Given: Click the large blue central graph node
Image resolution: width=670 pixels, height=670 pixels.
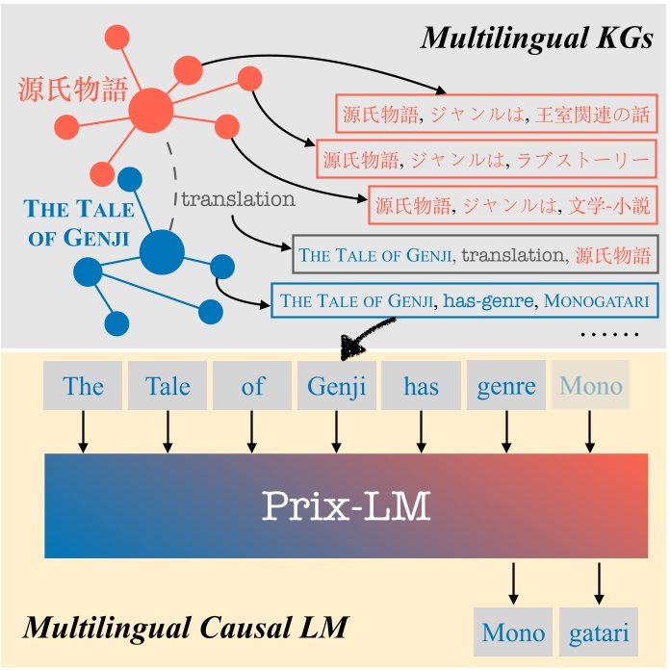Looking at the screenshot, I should [x=161, y=254].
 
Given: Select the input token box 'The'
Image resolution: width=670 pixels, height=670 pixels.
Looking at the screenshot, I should [x=83, y=386].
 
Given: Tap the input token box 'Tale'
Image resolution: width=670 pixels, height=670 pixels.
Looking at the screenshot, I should [x=167, y=386].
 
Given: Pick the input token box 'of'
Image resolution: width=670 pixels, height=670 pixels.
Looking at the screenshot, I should [x=252, y=386].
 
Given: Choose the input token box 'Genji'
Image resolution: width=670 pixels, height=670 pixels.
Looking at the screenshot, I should [x=337, y=386].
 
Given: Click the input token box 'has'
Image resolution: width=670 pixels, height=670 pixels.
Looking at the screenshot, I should [x=421, y=386].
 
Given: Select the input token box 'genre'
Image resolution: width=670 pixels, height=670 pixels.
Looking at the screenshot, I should [x=506, y=386].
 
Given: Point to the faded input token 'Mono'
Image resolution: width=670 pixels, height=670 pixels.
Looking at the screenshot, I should [x=591, y=386].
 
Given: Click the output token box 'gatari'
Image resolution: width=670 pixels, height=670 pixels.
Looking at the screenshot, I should [x=599, y=631].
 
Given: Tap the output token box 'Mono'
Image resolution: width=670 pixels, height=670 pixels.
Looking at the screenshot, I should [x=513, y=631].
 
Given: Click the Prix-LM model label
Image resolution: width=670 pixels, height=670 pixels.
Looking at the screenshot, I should [x=346, y=504].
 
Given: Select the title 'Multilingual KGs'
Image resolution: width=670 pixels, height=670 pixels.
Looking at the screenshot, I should [x=537, y=39].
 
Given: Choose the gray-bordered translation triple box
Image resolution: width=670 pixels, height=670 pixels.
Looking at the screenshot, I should [x=476, y=254].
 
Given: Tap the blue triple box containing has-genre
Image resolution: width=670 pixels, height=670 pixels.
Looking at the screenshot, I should [x=464, y=300].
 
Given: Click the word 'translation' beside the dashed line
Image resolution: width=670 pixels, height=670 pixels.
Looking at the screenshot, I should [x=238, y=199].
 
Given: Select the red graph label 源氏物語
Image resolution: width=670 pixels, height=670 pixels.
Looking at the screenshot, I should [x=72, y=91].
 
